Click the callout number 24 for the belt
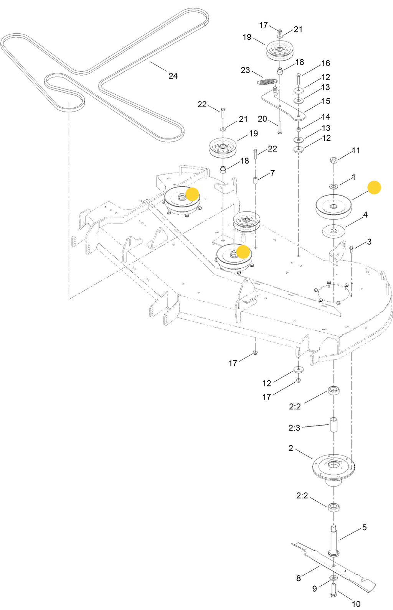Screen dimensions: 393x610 click(173, 76)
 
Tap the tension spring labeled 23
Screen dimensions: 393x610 click(268, 82)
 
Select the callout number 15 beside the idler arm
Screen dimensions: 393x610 click(326, 101)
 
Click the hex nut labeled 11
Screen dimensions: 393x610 click(334, 160)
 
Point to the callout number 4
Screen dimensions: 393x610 click(365, 215)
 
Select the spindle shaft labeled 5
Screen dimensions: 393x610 click(334, 541)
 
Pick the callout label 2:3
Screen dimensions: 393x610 click(294, 428)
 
